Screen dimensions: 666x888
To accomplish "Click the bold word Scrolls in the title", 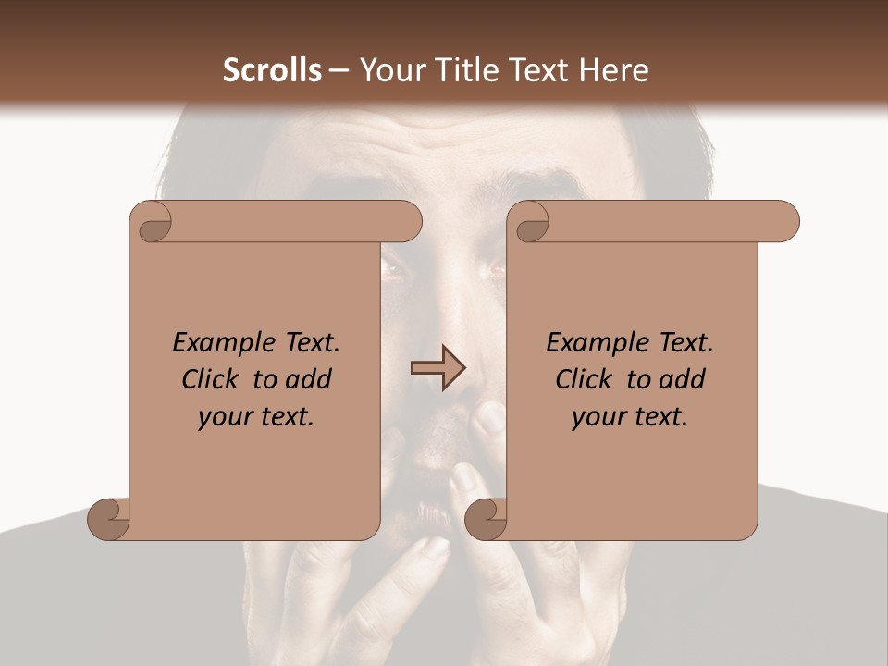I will click(x=272, y=70).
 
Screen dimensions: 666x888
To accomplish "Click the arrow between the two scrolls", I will click(x=438, y=368).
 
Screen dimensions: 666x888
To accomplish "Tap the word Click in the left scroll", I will click(x=214, y=379).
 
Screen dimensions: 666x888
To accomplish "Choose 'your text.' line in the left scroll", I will click(x=256, y=417).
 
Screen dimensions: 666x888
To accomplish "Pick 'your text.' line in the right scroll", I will click(x=630, y=417).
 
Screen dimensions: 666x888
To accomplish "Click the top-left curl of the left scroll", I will click(x=152, y=222).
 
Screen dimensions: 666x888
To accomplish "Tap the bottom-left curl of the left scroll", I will click(x=107, y=519).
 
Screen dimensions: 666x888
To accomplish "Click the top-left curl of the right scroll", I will click(x=531, y=222).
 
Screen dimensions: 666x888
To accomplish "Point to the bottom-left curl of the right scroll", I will click(x=485, y=519).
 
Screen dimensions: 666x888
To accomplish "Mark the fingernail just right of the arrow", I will click(x=489, y=418).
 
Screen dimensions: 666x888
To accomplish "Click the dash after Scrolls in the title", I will click(x=339, y=70).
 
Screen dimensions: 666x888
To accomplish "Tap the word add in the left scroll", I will click(x=309, y=379).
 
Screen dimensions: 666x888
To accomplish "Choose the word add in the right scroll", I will click(x=683, y=379).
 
